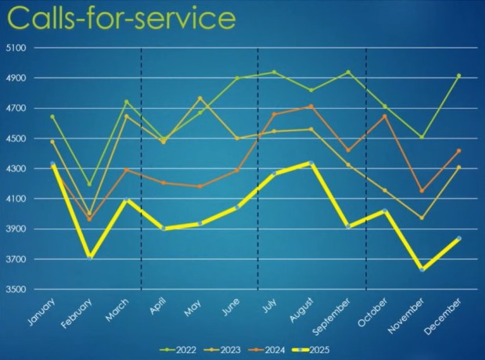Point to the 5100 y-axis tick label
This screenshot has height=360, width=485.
tap(16, 48)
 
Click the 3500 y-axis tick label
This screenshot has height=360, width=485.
tap(16, 290)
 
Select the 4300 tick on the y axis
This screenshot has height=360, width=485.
tap(16, 169)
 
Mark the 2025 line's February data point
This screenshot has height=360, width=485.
tap(91, 256)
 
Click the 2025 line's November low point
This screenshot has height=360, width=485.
tap(422, 269)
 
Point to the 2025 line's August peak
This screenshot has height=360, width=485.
tap(311, 163)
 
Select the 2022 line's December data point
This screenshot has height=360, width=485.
tap(459, 76)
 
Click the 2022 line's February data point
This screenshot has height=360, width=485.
tap(91, 185)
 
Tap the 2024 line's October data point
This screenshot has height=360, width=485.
tap(385, 116)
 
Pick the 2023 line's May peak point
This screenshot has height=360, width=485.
tap(199, 99)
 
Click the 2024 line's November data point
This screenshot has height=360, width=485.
tap(422, 191)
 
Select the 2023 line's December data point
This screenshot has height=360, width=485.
tap(459, 167)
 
